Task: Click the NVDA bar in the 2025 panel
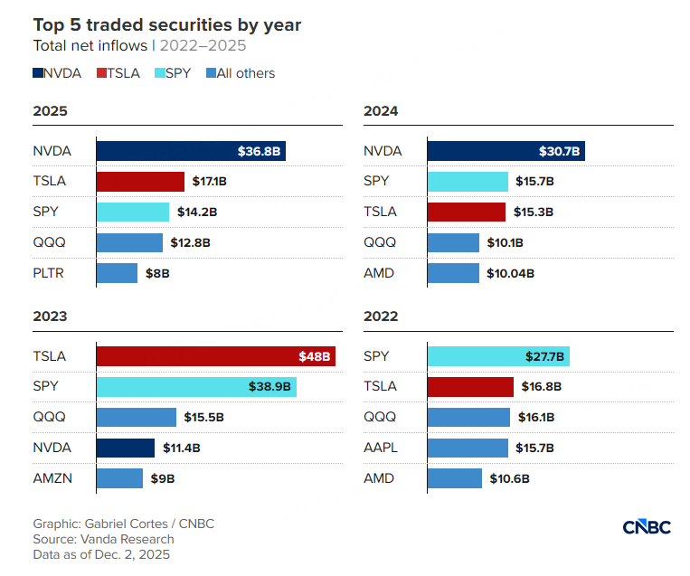coord(190,150)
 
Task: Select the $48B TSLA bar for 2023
coord(215,355)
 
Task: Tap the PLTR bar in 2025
coord(117,273)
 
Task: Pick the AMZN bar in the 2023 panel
coord(119,478)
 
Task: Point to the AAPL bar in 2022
coord(468,448)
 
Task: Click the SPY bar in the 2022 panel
coord(497,355)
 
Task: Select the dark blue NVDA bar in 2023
coord(126,448)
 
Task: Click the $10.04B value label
coord(510,273)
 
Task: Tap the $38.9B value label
coord(269,386)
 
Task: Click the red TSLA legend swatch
coord(101,73)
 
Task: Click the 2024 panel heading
coord(381,111)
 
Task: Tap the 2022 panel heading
coord(381,316)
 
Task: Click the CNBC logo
coord(647,527)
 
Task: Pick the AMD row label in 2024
coord(379,273)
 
